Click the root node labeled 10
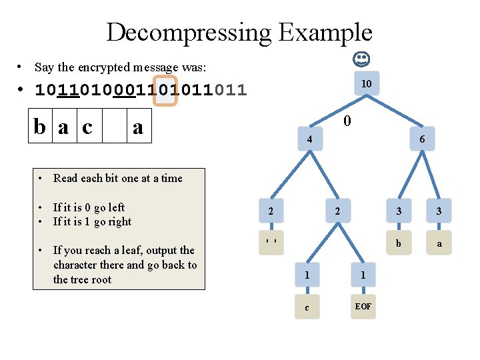click(x=366, y=84)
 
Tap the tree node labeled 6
click(x=422, y=140)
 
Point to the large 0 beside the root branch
click(x=347, y=122)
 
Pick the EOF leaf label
click(x=363, y=307)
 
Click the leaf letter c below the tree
click(x=307, y=307)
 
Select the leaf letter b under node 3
click(x=399, y=244)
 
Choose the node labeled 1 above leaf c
click(x=307, y=275)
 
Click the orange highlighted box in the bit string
click(x=165, y=90)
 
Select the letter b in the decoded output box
click(x=42, y=127)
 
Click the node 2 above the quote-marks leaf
click(x=270, y=211)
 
